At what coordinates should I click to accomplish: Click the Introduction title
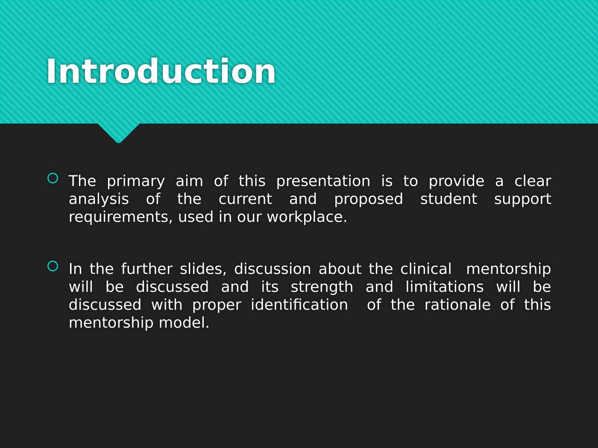pos(161,71)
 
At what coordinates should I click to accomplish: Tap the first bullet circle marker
pos(53,178)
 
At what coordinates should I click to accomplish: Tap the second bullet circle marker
pos(53,266)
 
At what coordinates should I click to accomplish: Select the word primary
pos(135,181)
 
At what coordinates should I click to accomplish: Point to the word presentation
pos(323,181)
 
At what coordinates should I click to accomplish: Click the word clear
pos(532,181)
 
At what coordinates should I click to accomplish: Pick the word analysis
pos(99,199)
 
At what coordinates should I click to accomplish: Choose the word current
pos(245,199)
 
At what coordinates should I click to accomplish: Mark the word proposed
pos(368,199)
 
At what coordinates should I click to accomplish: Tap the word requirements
pos(122,217)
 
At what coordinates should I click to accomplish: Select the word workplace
pos(307,217)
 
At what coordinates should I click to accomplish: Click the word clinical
pos(425,269)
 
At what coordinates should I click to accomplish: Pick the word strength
pos(322,287)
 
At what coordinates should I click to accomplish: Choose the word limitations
pos(444,287)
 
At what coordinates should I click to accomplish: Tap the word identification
pos(299,305)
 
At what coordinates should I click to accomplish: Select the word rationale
pos(457,305)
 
